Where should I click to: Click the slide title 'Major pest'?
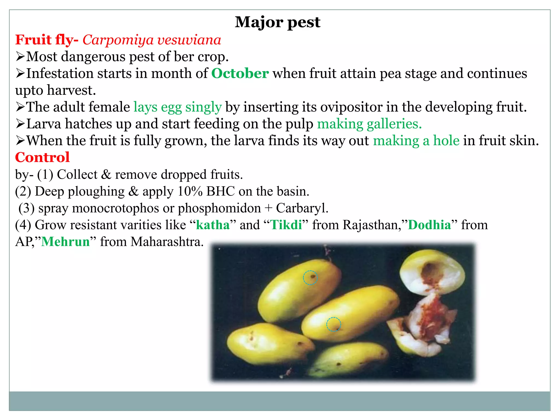pyautogui.click(x=277, y=22)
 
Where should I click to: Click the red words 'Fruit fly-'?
pyautogui.click(x=47, y=40)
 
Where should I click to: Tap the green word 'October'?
pyautogui.click(x=240, y=74)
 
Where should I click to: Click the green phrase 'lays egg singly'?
pyautogui.click(x=177, y=107)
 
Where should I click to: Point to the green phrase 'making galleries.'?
pyautogui.click(x=369, y=124)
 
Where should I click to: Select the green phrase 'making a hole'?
pyautogui.click(x=416, y=141)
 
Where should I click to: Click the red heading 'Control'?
pyautogui.click(x=42, y=157)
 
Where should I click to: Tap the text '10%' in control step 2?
pyautogui.click(x=190, y=191)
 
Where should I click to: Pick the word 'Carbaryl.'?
pyautogui.click(x=302, y=208)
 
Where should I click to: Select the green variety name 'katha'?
pyautogui.click(x=213, y=225)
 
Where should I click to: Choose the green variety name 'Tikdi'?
pyautogui.click(x=286, y=225)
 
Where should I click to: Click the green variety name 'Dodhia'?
pyautogui.click(x=429, y=225)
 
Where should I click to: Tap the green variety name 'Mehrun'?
pyautogui.click(x=65, y=242)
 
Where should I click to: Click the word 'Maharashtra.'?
pyautogui.click(x=167, y=242)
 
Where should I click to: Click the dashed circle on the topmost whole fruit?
pyautogui.click(x=310, y=278)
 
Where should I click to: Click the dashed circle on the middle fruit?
pyautogui.click(x=333, y=324)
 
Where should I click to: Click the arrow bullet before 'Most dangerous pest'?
pyautogui.click(x=20, y=57)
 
